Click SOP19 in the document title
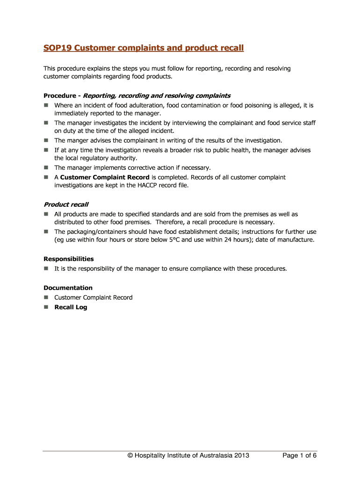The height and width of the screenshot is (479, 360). (57, 48)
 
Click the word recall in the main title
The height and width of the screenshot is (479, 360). (230, 48)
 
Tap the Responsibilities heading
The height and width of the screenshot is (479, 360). (68, 259)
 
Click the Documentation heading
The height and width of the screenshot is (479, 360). (68, 288)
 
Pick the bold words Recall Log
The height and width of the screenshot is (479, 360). (71, 307)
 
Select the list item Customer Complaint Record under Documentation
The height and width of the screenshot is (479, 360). (94, 298)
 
